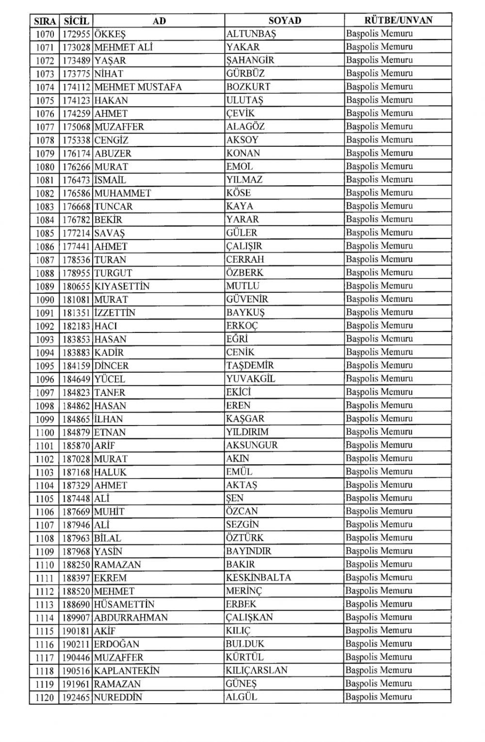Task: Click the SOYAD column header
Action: (285, 20)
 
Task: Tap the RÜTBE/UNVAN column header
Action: (398, 20)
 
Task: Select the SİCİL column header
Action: (76, 21)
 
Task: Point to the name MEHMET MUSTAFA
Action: (138, 87)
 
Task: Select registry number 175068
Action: (77, 127)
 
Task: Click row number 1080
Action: (45, 167)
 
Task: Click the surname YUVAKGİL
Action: (250, 379)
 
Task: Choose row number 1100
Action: (45, 432)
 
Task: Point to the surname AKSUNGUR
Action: (252, 445)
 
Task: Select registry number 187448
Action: (77, 498)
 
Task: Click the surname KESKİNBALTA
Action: (259, 578)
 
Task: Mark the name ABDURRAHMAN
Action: (131, 617)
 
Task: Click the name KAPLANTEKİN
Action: (127, 671)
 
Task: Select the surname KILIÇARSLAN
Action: (257, 670)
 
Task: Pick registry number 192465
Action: (77, 697)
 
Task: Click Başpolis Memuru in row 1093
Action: (379, 339)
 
